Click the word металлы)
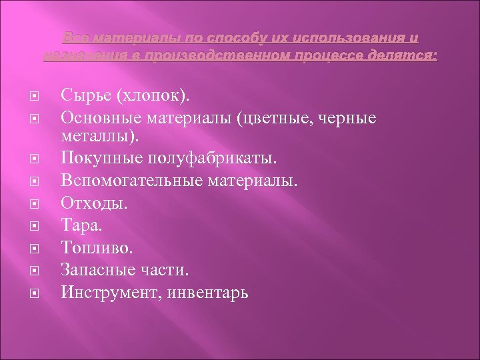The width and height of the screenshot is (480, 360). pos(101,137)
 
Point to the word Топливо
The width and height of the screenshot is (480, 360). pos(97,248)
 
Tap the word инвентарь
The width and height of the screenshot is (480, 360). pos(210,291)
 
